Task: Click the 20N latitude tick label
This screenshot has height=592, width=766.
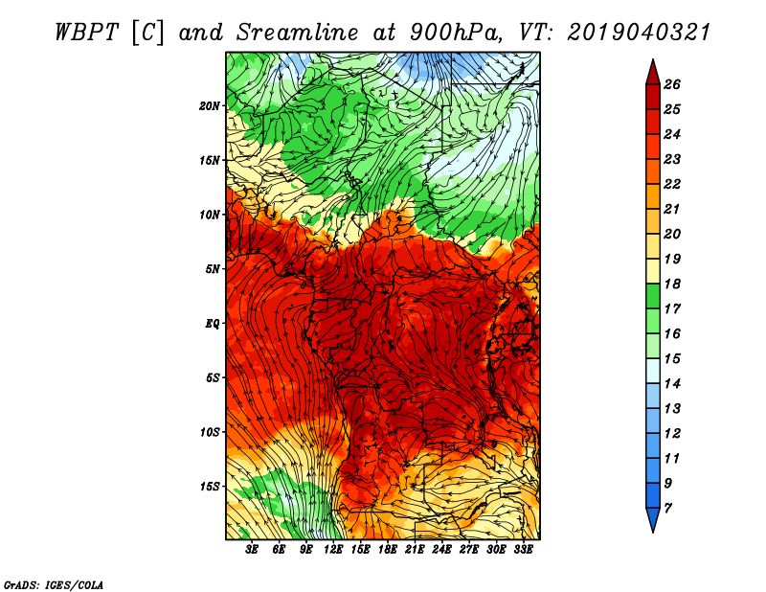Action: coord(210,106)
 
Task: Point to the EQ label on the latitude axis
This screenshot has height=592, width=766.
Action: coord(213,324)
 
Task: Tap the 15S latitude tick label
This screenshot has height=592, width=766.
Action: coord(210,487)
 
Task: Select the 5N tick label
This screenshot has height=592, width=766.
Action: coord(213,269)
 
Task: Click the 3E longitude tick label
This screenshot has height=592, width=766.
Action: coord(251,550)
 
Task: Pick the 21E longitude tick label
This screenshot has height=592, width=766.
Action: coord(415,550)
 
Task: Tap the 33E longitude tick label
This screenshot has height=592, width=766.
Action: coord(523,550)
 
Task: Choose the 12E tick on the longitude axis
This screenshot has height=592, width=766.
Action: coord(332,550)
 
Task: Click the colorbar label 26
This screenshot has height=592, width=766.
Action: coord(672,84)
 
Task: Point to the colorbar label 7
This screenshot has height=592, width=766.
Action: coord(667,508)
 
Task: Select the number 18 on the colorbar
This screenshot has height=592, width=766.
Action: coord(672,284)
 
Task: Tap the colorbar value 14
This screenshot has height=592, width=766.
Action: coord(672,384)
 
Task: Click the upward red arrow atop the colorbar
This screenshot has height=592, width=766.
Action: coord(653,73)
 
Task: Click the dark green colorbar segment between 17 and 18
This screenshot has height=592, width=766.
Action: coord(653,296)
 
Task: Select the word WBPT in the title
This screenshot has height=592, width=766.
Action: coord(86,33)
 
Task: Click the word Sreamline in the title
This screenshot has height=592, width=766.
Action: coord(298,33)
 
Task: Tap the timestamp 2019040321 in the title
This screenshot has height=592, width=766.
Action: coord(639,33)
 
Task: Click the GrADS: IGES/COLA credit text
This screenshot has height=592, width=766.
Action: coord(54,584)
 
